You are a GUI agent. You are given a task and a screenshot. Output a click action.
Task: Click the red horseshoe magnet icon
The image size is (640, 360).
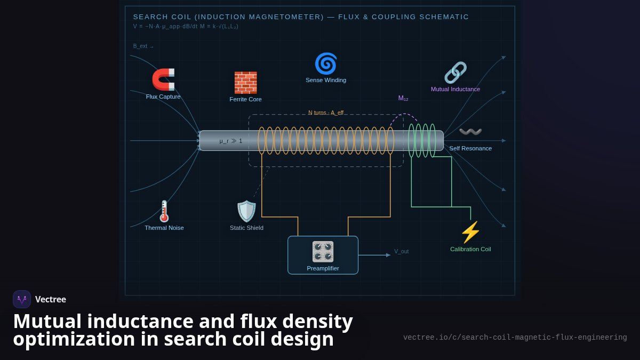[163, 79]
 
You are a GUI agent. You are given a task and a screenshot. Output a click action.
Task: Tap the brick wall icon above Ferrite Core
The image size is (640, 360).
[245, 83]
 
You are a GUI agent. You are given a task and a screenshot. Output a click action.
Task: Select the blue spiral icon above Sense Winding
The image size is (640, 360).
[326, 63]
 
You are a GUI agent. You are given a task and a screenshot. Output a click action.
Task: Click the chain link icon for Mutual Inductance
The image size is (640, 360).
[455, 73]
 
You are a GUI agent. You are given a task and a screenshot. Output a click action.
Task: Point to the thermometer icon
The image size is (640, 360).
[164, 211]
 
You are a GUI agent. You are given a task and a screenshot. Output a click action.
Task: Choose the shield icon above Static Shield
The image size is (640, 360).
[246, 211]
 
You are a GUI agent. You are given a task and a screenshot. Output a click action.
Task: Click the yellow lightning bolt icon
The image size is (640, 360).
[470, 233]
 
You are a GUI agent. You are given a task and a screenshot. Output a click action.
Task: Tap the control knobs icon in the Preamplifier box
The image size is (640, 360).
[323, 252]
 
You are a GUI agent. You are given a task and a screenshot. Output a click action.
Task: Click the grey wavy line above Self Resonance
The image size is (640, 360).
[470, 131]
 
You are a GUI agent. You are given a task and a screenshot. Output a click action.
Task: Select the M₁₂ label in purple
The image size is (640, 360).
[403, 98]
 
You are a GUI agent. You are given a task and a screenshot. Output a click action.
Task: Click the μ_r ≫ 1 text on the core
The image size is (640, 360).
[230, 141]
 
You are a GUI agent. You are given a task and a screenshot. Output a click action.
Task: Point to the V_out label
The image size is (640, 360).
[402, 251]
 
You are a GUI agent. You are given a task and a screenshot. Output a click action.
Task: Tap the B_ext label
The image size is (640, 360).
[143, 46]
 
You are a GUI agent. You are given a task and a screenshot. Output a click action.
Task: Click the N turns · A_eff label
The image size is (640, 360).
[326, 113]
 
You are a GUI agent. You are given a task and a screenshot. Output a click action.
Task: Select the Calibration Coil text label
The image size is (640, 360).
[470, 249]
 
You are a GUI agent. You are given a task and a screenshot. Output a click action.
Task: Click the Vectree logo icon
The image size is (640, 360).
[22, 299]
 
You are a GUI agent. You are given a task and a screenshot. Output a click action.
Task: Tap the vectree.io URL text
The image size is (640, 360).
[515, 338]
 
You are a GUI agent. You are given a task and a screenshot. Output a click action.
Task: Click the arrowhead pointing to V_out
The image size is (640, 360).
[388, 255]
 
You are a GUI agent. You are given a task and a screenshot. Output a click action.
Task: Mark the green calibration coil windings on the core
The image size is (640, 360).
[422, 141]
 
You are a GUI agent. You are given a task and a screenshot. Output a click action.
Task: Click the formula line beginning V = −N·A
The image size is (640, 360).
[186, 26]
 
